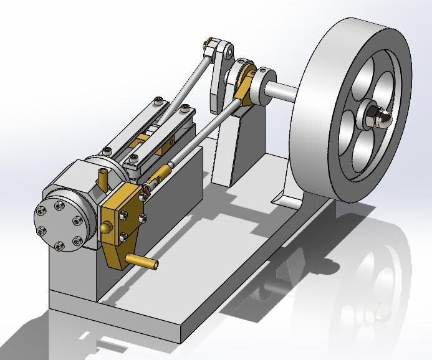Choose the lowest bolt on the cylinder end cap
click(x=61, y=244)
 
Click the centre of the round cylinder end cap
click(x=59, y=222)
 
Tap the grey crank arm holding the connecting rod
click(x=218, y=75)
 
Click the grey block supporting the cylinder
click(x=72, y=274)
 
